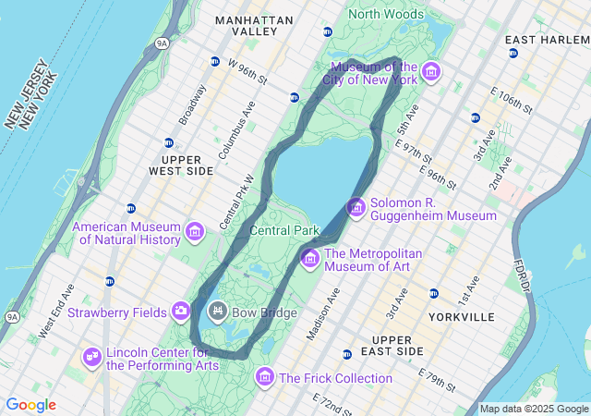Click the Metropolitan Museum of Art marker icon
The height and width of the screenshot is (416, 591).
pos(309,256)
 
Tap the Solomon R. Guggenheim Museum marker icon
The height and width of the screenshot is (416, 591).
pos(356,208)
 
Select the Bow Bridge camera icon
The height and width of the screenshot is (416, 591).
pos(218,311)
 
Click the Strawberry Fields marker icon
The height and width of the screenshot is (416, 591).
pos(181,311)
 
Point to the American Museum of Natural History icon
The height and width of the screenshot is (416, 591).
pos(195,231)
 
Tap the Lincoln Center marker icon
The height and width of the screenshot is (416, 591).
pos(91,356)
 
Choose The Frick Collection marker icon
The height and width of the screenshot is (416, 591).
pos(265,377)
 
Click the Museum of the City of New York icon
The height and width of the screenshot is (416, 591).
pos(430,71)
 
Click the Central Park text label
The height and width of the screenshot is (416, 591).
pos(284,230)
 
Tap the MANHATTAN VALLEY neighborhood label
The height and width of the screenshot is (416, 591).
pos(254,25)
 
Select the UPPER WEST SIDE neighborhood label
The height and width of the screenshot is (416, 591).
pos(181,165)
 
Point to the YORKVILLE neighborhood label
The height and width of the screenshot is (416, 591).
pos(462,317)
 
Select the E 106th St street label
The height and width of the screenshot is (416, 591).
pos(513,102)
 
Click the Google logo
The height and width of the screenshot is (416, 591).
pos(31,405)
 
